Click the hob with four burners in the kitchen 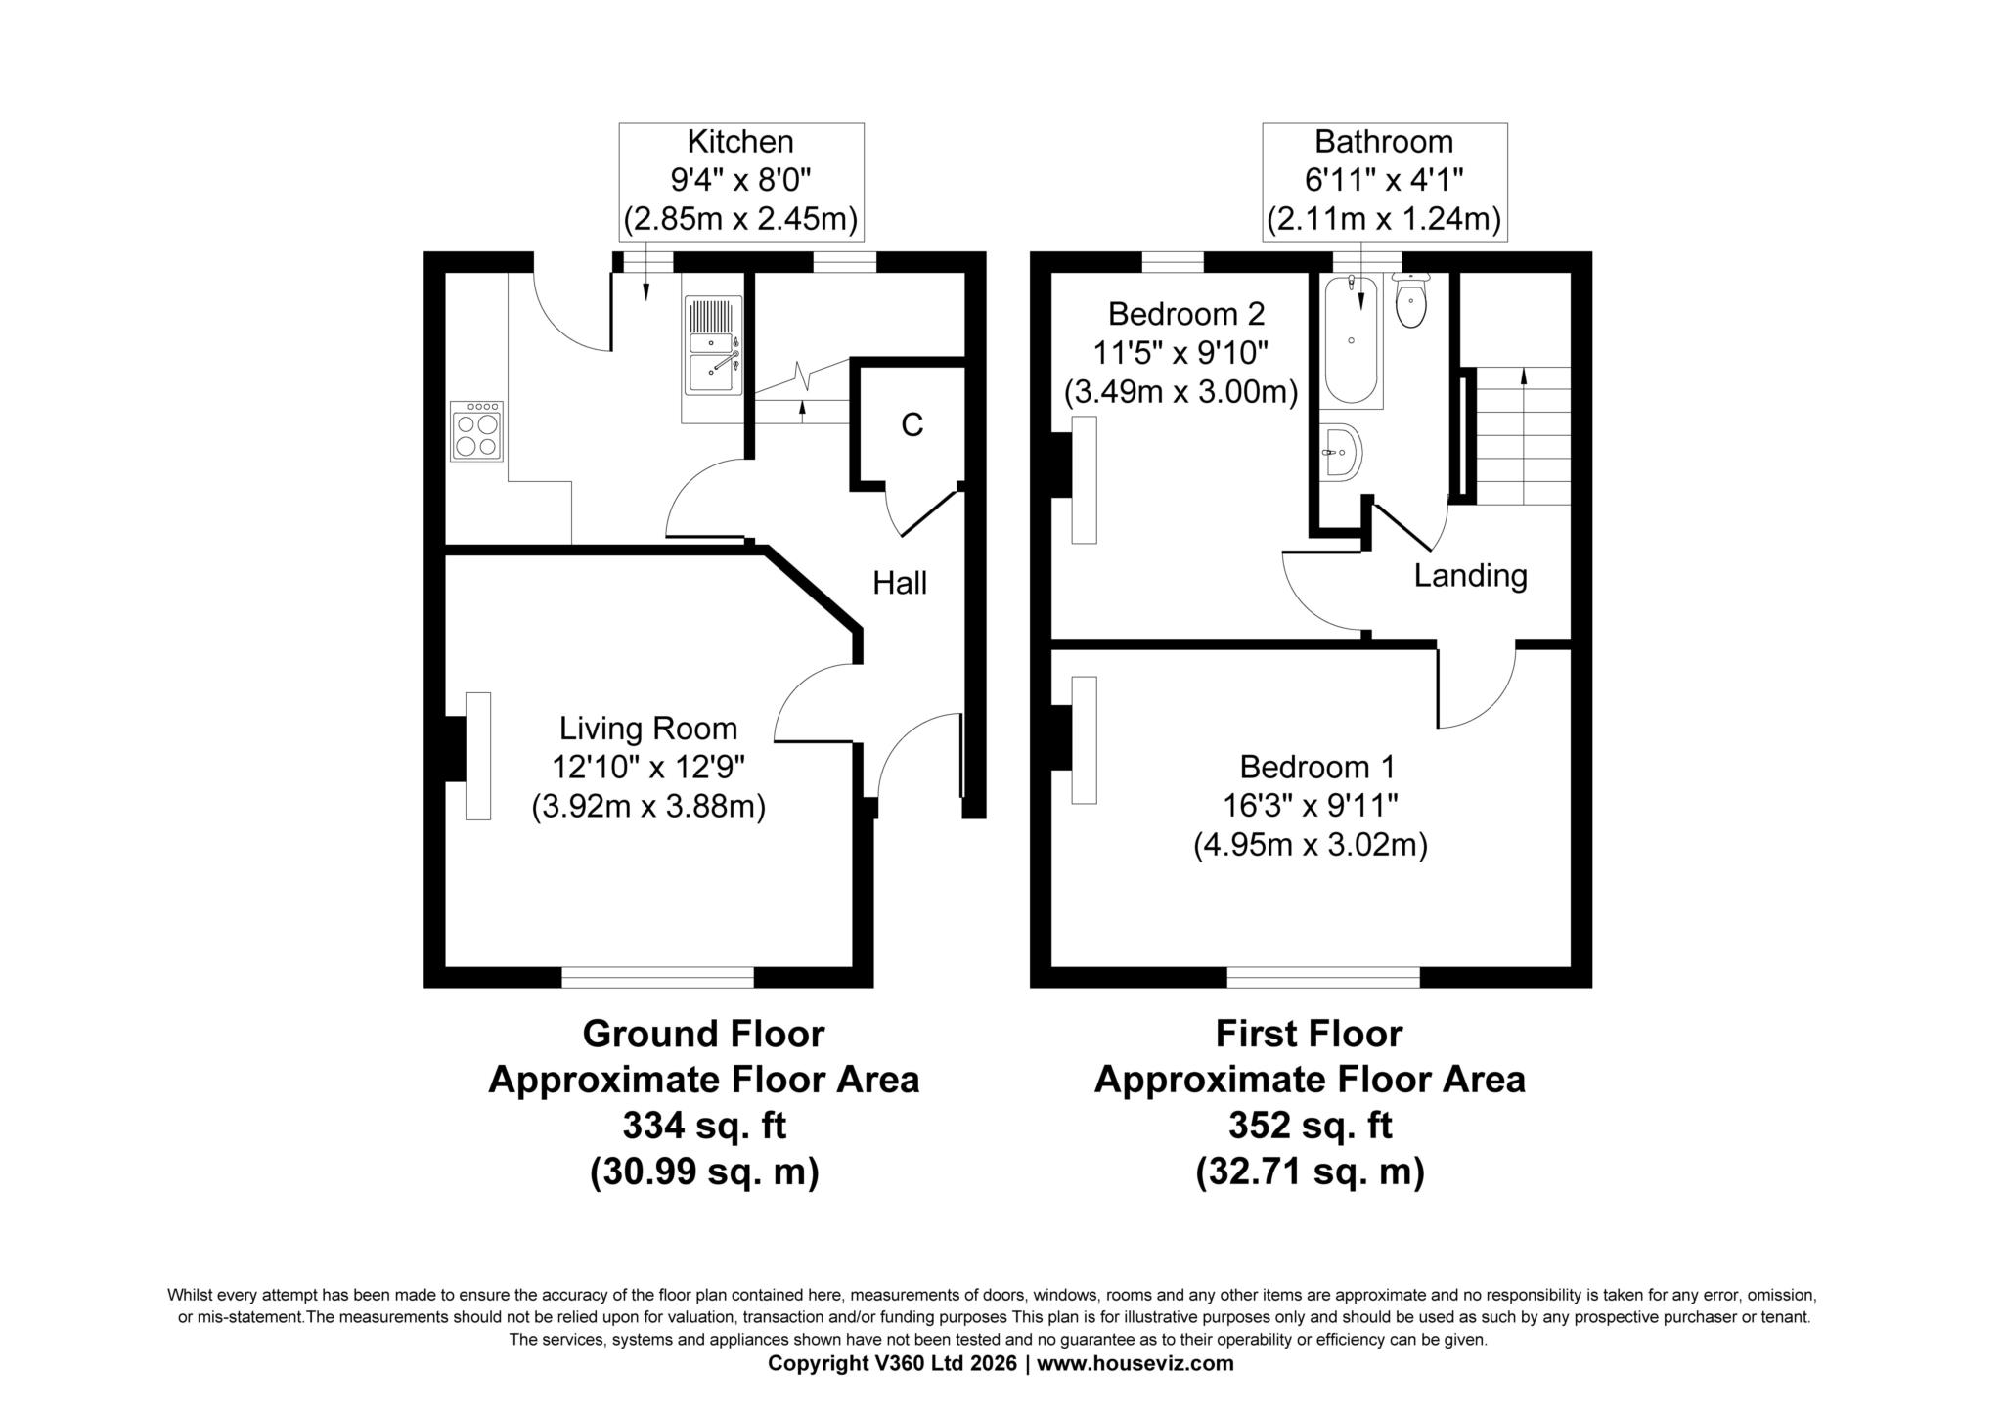tap(476, 431)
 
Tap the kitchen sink tap(712, 347)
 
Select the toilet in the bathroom tap(1410, 302)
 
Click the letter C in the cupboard tap(912, 425)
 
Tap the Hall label tap(900, 583)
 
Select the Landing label tap(1470, 575)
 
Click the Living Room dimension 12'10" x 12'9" tap(648, 767)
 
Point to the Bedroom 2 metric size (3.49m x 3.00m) tap(1181, 392)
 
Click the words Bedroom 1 tap(1310, 766)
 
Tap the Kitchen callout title tap(740, 142)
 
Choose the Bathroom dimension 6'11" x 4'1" tap(1384, 180)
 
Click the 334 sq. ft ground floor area tap(704, 1126)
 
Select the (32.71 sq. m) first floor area tap(1310, 1171)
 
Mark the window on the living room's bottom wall tap(657, 976)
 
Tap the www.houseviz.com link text tap(1135, 1363)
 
